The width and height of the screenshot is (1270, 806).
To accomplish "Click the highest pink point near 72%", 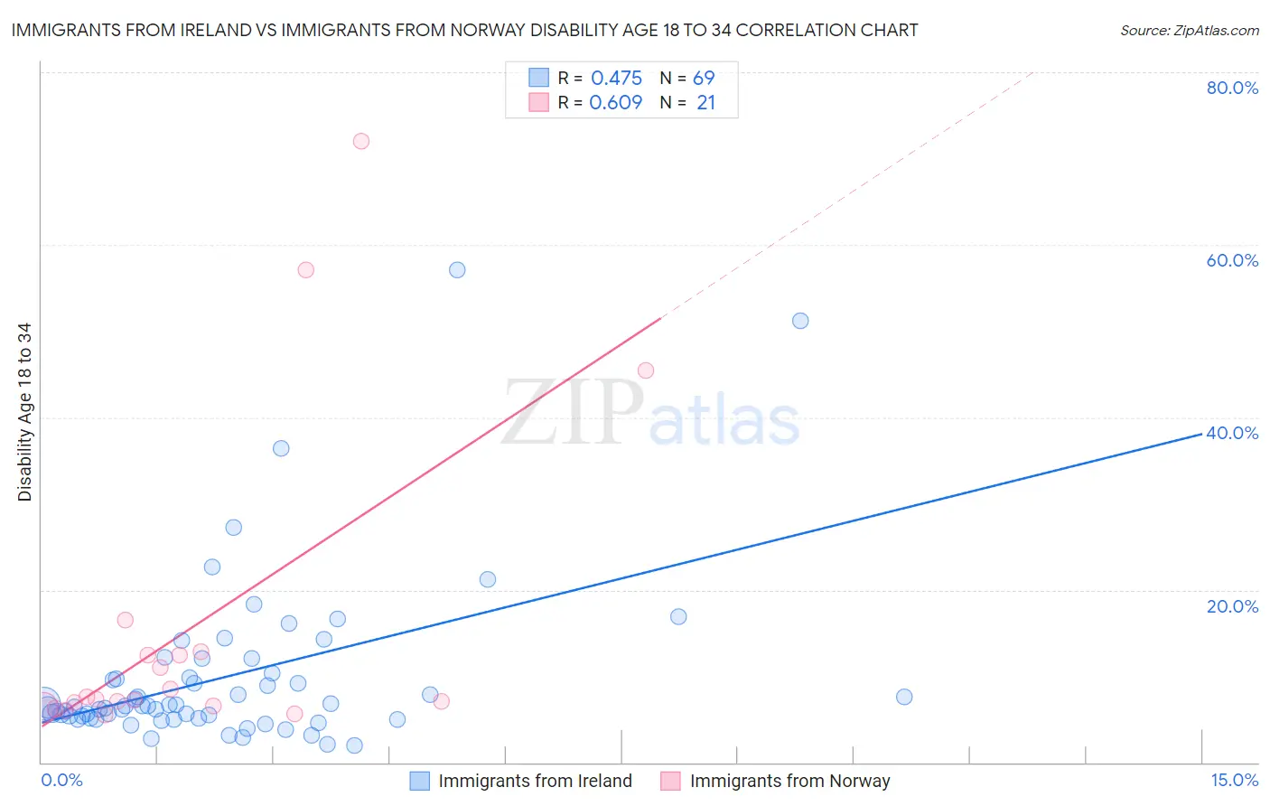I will pyautogui.click(x=361, y=141).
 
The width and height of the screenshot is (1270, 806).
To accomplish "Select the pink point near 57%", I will pyautogui.click(x=306, y=270).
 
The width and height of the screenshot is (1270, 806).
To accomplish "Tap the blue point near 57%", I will pyautogui.click(x=457, y=270).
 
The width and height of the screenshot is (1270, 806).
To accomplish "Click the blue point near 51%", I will pyautogui.click(x=800, y=321).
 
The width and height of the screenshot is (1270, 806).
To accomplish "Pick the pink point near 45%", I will pyautogui.click(x=646, y=370).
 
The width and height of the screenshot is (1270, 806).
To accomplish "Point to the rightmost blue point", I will pyautogui.click(x=904, y=697).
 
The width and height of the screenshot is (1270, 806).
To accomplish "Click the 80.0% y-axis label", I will pyautogui.click(x=1232, y=88).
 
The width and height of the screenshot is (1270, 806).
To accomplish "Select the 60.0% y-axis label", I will pyautogui.click(x=1232, y=260).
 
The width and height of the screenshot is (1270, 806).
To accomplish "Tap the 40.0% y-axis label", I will pyautogui.click(x=1232, y=433).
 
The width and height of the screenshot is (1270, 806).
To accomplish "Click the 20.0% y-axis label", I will pyautogui.click(x=1232, y=606).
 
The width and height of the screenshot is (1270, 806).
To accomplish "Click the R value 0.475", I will pyautogui.click(x=616, y=79).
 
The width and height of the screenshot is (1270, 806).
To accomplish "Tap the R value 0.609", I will pyautogui.click(x=616, y=103).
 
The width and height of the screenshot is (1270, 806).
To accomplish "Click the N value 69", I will pyautogui.click(x=704, y=79).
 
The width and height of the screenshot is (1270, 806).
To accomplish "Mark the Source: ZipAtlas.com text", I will pyautogui.click(x=1189, y=31).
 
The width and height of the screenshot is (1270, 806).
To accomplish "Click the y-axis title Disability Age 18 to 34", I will pyautogui.click(x=24, y=412).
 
